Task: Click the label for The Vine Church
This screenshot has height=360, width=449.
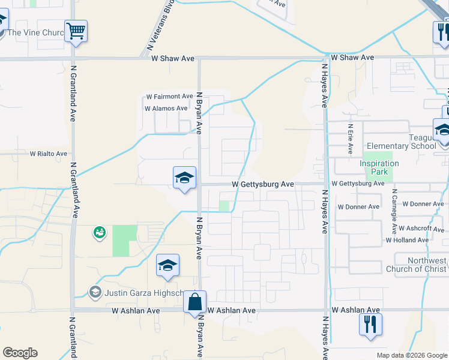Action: [36, 32]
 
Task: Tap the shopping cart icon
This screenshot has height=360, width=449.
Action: [76, 30]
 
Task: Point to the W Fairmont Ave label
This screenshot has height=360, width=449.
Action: [169, 96]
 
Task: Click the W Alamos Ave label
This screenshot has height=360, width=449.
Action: [166, 109]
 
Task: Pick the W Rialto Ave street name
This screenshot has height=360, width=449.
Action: [49, 154]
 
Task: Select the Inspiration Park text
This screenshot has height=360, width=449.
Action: [379, 167]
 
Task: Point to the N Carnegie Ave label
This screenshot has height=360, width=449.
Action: [394, 212]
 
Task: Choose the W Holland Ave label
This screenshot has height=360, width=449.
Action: [407, 240]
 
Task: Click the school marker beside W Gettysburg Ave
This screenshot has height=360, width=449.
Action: [185, 177]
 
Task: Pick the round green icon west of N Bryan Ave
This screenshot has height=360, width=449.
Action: [99, 232]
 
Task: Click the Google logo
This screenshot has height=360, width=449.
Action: [20, 353]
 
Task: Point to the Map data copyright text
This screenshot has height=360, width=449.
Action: [411, 355]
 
